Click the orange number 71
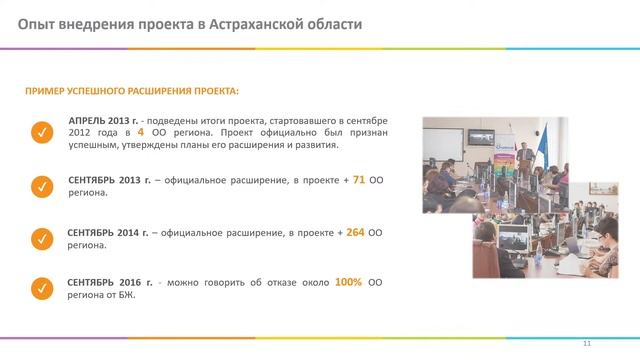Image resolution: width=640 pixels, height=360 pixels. click(359, 180)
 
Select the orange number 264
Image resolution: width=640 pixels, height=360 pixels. click(354, 232)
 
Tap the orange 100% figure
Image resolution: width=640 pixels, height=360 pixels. click(348, 282)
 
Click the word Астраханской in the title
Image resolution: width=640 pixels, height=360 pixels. click(257, 23)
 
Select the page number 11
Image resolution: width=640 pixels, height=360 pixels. click(587, 344)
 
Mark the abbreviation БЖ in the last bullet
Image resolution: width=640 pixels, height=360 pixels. click(126, 295)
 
